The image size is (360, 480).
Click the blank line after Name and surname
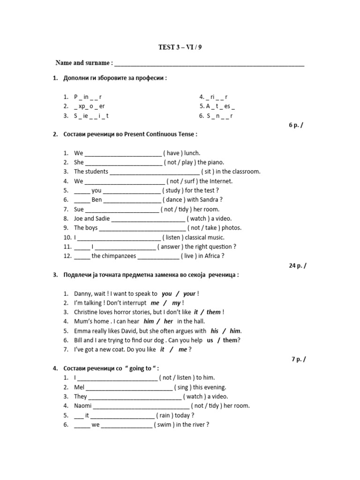[209, 63]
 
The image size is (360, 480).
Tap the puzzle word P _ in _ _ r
[88, 97]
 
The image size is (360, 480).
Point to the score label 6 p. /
[299, 125]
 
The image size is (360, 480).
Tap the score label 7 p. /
[299, 359]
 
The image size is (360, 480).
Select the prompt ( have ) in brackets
[173, 153]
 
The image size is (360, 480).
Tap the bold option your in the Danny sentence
[189, 294]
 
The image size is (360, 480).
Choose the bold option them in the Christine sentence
[214, 312]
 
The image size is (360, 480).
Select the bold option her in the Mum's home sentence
[168, 322]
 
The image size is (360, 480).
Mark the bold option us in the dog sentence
[210, 340]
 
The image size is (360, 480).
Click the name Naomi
[83, 406]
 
